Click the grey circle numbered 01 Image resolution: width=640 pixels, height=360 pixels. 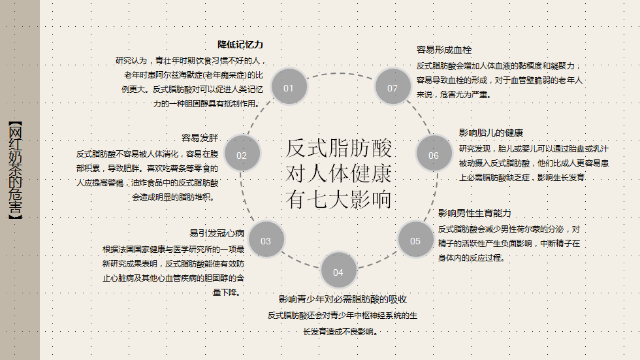(x=289, y=88)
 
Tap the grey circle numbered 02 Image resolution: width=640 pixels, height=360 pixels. (x=242, y=155)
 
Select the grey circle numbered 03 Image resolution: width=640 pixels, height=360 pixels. (x=266, y=240)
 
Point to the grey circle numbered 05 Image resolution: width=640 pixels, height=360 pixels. (x=415, y=240)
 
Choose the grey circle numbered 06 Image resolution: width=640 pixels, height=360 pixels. (x=434, y=155)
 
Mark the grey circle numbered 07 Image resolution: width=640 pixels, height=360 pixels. (x=392, y=88)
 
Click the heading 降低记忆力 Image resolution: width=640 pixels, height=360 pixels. (x=240, y=45)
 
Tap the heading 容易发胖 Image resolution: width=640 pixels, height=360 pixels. (x=200, y=138)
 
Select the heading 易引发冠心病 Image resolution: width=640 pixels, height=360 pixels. (x=217, y=233)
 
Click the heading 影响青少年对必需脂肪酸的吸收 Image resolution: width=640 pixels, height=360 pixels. (x=343, y=300)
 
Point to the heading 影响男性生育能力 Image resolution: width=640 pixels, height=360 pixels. (x=474, y=214)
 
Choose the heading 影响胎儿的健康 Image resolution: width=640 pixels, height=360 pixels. (x=490, y=133)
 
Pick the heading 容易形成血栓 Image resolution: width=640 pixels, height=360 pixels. (x=444, y=50)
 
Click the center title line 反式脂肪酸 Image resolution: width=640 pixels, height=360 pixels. (x=339, y=148)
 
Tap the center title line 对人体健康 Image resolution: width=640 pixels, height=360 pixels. (x=339, y=174)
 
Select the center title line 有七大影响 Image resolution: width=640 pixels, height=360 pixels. (x=339, y=199)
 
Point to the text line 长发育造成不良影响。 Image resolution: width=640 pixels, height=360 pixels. (x=342, y=331)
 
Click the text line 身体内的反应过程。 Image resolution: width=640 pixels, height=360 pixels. (x=471, y=258)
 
